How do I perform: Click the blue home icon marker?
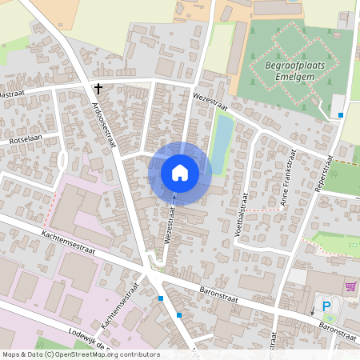[179, 172]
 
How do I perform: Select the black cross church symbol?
[98, 89]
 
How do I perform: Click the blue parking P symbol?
[326, 306]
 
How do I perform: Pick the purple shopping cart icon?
[350, 286]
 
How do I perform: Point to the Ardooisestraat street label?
[103, 124]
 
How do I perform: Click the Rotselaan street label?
[24, 140]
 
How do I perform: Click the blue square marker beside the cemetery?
[341, 115]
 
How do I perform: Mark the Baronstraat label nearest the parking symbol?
[337, 326]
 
